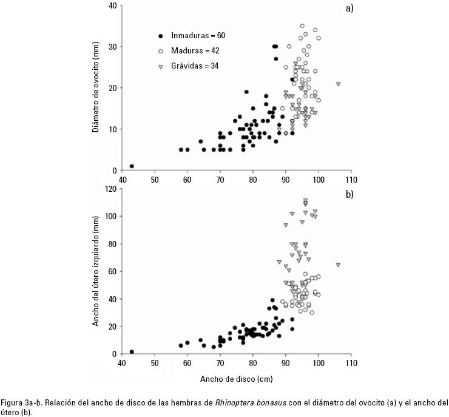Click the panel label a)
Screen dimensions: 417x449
pyautogui.click(x=349, y=8)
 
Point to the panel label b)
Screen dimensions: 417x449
pyautogui.click(x=349, y=194)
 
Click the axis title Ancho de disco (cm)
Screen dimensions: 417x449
pyautogui.click(x=236, y=379)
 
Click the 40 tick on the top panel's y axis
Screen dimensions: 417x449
pyautogui.click(x=112, y=5)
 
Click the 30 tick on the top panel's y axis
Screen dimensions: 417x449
pyautogui.click(x=112, y=47)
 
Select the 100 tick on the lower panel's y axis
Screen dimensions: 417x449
pyautogui.click(x=110, y=216)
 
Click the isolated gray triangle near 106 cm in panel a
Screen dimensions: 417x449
pyautogui.click(x=338, y=84)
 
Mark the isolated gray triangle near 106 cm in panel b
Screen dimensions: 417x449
pyautogui.click(x=338, y=265)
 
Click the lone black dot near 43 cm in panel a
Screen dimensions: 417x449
pyautogui.click(x=132, y=166)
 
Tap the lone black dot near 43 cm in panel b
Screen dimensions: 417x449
pyautogui.click(x=132, y=351)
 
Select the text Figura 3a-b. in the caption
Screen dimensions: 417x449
pyautogui.click(x=21, y=402)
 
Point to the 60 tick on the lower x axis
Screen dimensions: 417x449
pyautogui.click(x=187, y=363)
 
